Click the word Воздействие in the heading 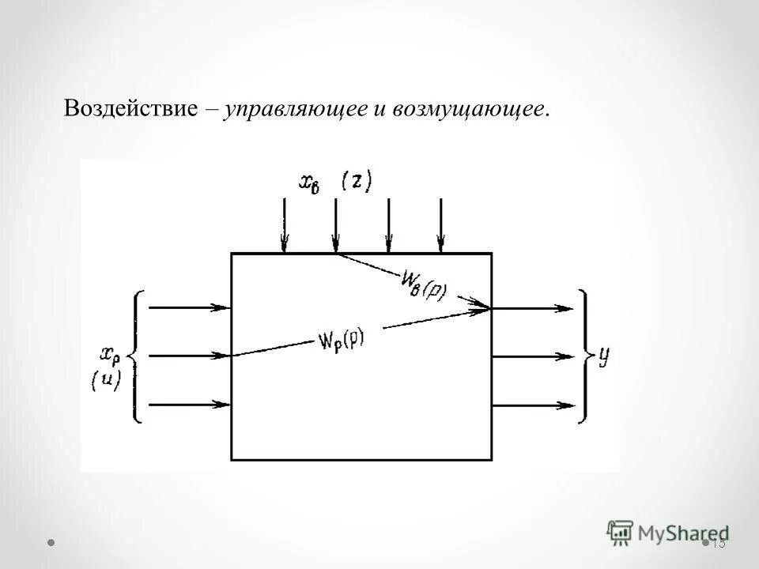130,109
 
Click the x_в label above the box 309,181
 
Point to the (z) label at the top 357,180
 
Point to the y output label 604,357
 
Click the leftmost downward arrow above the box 284,225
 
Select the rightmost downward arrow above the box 440,225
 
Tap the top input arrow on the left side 189,307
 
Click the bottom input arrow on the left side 189,405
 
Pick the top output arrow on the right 534,308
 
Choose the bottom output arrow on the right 534,405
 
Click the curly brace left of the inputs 138,356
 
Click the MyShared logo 667,532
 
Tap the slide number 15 718,543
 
